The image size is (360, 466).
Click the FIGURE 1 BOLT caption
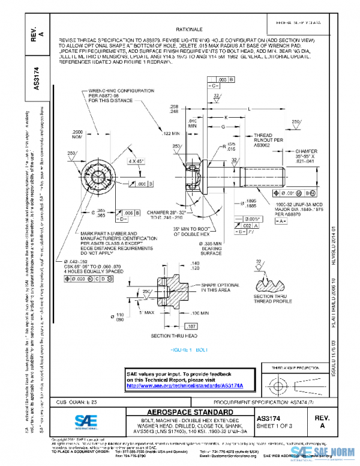click(x=189, y=349)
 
